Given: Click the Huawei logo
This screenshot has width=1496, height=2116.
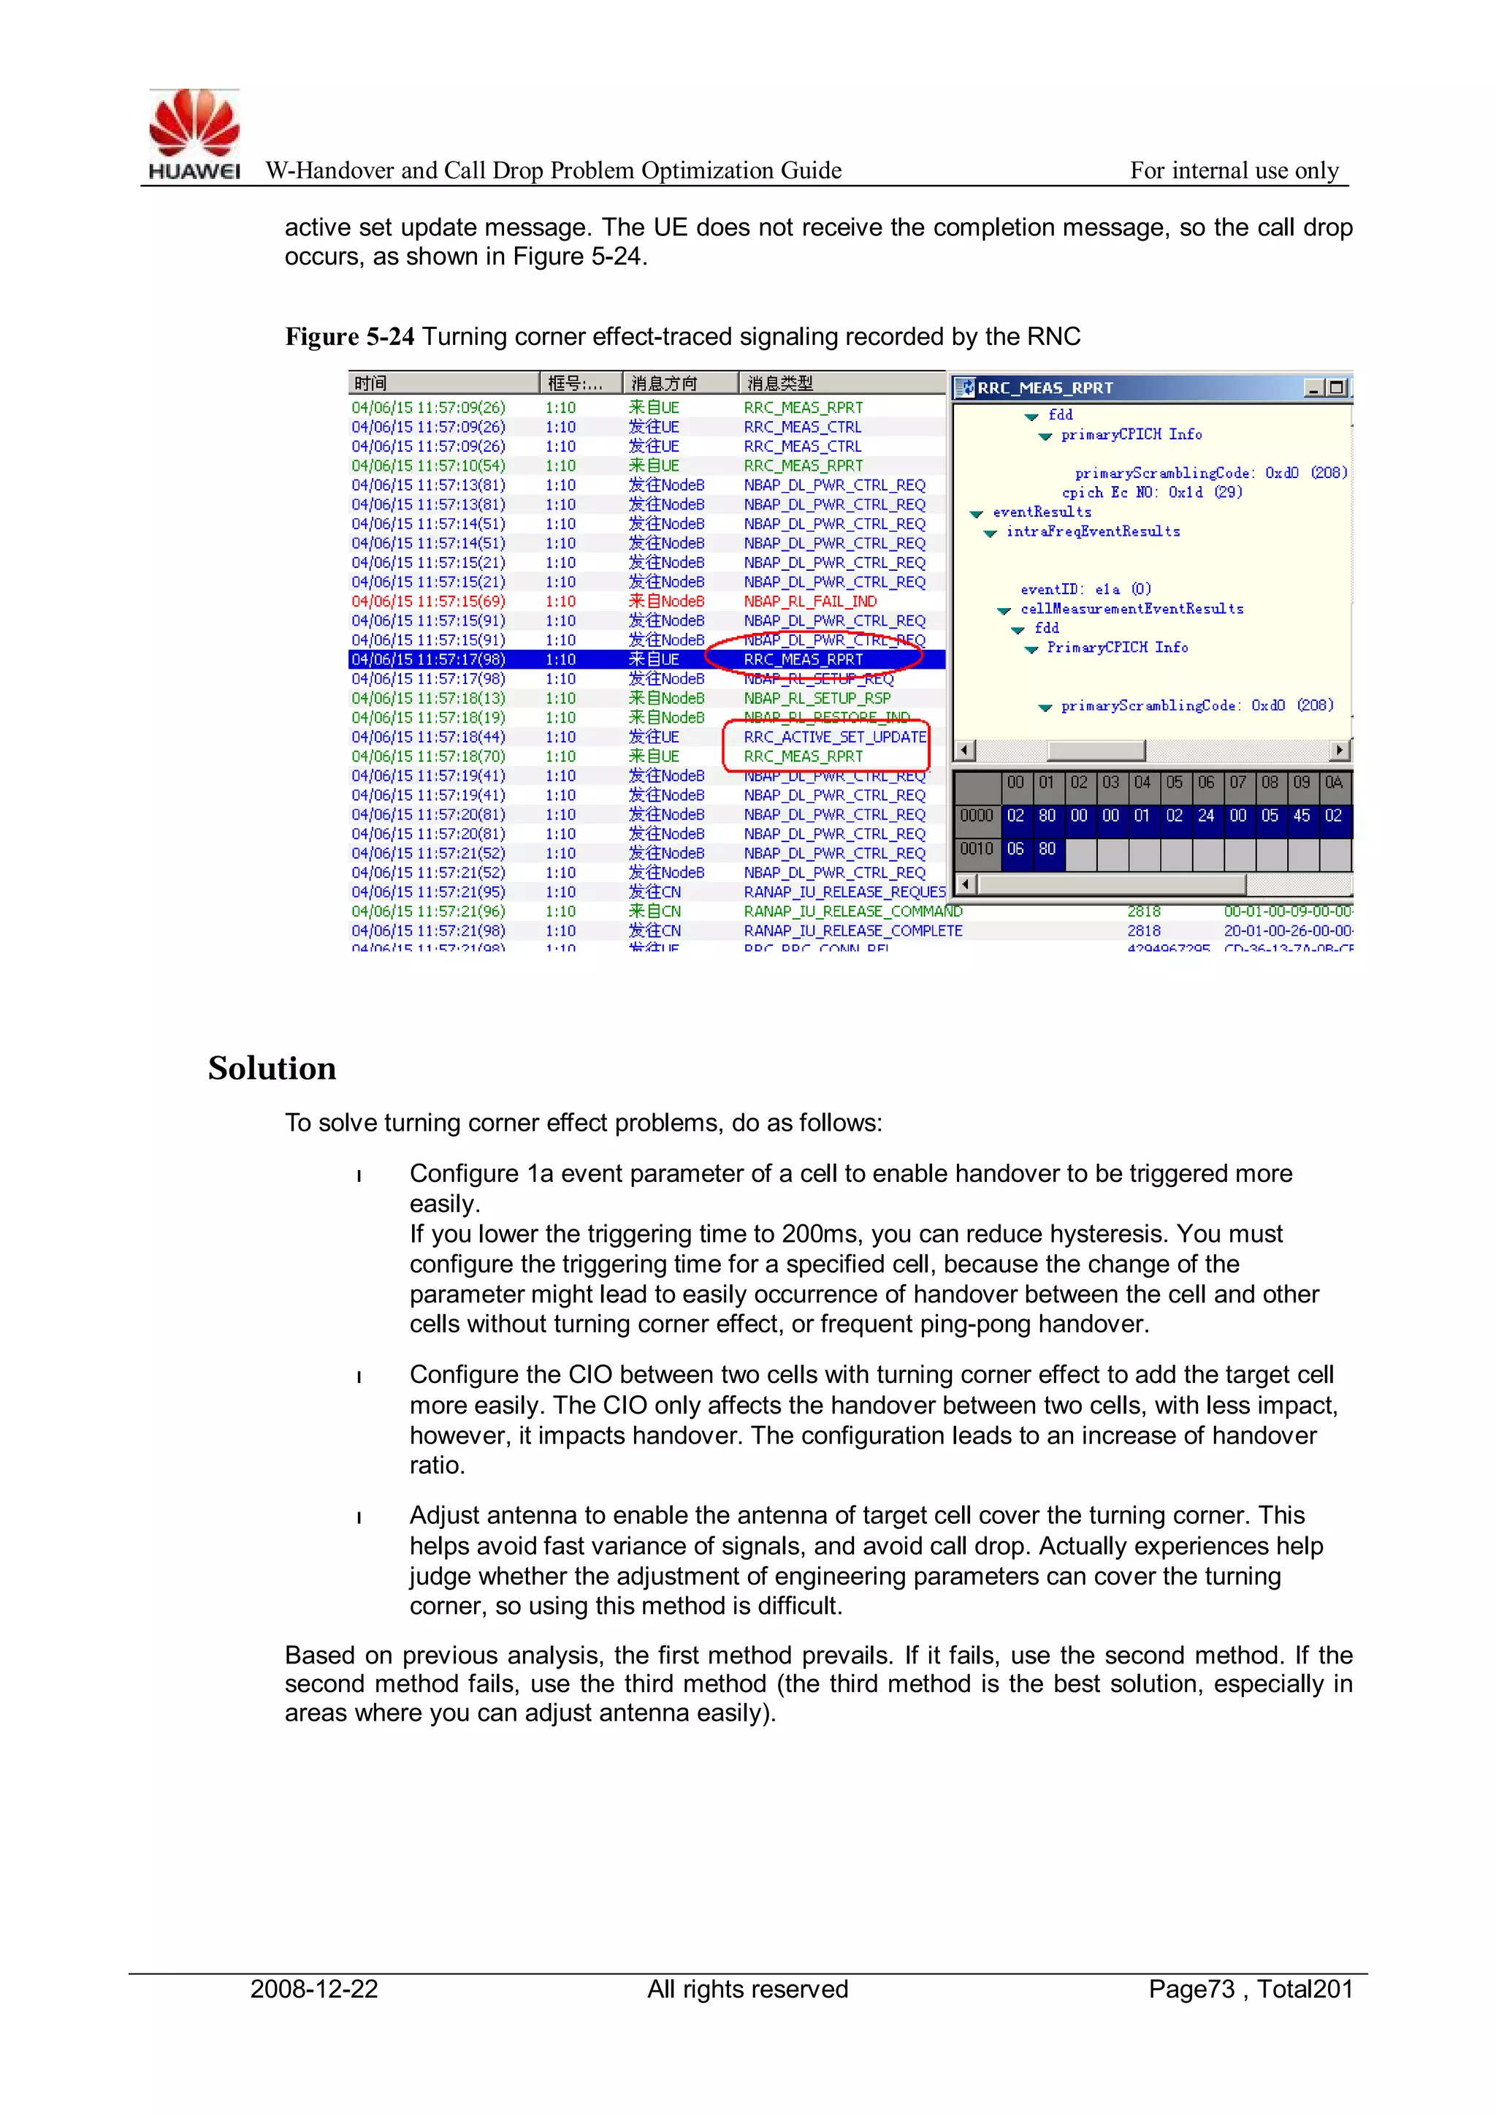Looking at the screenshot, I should (194, 134).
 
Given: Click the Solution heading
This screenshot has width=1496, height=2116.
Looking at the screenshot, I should (272, 1068).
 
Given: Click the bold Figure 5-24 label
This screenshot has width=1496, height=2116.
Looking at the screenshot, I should (349, 336).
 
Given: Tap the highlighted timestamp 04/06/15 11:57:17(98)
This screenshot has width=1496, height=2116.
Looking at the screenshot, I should (428, 659).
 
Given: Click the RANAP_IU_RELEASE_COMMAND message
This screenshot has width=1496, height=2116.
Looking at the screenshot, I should (852, 911).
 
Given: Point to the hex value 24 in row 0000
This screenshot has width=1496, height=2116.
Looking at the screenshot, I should (1206, 816).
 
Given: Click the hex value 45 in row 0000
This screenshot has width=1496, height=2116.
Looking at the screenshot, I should (1301, 816).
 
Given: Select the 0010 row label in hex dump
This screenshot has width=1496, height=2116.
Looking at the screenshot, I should (977, 849).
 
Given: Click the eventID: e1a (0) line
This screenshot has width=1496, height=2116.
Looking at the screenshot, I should (1085, 589).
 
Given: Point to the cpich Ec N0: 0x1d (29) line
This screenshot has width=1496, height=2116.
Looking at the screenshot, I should (1151, 492).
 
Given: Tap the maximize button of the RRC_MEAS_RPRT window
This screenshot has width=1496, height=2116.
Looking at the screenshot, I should (1337, 388).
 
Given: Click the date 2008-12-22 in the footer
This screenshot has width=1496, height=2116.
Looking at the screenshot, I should (314, 1989).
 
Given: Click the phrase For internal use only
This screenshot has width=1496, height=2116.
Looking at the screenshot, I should (1234, 170).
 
